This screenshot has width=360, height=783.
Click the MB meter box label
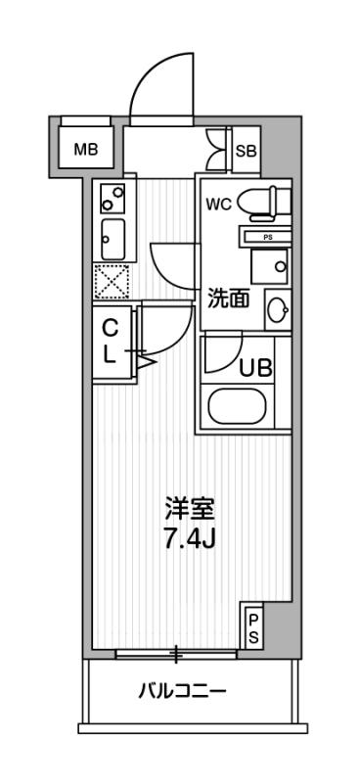point(86,151)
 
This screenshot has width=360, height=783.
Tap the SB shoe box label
point(247,151)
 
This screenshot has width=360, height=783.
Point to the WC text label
point(218,205)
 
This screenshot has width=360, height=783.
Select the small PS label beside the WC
point(266,237)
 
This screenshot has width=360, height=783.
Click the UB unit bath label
point(256,369)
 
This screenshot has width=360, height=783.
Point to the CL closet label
point(111,341)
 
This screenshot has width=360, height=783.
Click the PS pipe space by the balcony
point(252,626)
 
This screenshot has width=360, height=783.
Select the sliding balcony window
point(177,652)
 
